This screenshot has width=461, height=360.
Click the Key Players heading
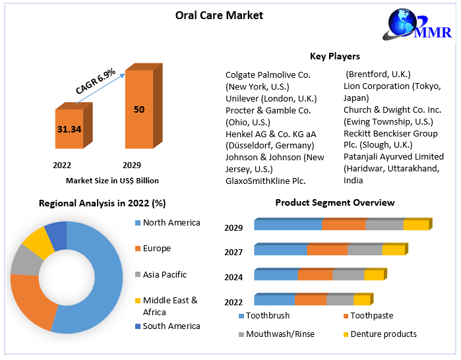coord(334,56)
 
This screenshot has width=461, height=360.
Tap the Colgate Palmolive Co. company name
coord(268,75)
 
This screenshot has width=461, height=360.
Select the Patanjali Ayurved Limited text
coord(394,156)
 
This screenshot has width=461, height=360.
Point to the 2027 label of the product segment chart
coord(233,252)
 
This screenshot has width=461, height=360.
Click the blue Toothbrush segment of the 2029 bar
coord(288,225)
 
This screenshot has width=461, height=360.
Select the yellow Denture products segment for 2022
coord(361,300)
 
